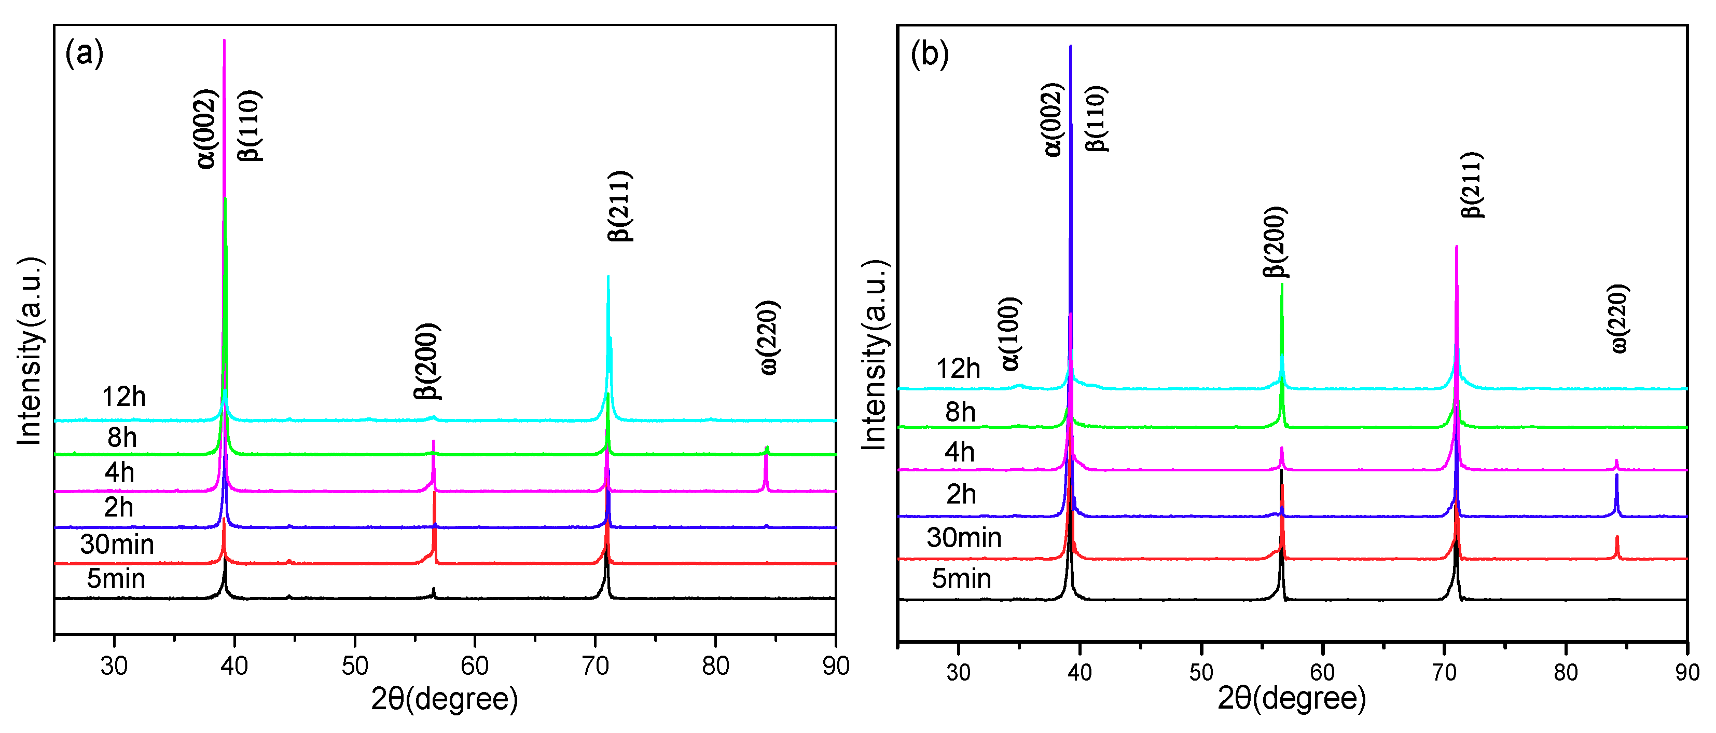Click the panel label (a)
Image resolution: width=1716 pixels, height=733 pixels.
pyautogui.click(x=84, y=53)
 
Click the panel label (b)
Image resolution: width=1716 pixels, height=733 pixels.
pyautogui.click(x=929, y=53)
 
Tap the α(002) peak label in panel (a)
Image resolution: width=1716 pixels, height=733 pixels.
pyautogui.click(x=207, y=129)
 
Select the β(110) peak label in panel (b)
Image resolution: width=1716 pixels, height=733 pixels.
pyautogui.click(x=1096, y=118)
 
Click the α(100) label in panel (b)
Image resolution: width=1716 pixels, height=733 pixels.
pyautogui.click(x=1010, y=334)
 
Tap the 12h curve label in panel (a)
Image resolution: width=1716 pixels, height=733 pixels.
pyautogui.click(x=123, y=397)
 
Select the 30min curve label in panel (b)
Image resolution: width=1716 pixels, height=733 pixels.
pyautogui.click(x=963, y=538)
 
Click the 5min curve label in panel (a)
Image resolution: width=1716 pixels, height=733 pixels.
pyautogui.click(x=116, y=579)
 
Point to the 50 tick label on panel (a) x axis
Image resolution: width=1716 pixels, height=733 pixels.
pyautogui.click(x=354, y=666)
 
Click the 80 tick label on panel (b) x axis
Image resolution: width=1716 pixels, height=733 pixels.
pyautogui.click(x=1566, y=672)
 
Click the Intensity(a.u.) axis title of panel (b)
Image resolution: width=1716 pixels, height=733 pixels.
pyautogui.click(x=874, y=355)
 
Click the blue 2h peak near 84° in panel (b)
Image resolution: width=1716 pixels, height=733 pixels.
pyautogui.click(x=1616, y=493)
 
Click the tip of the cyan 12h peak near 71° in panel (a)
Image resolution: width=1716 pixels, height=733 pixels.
pyautogui.click(x=608, y=278)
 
